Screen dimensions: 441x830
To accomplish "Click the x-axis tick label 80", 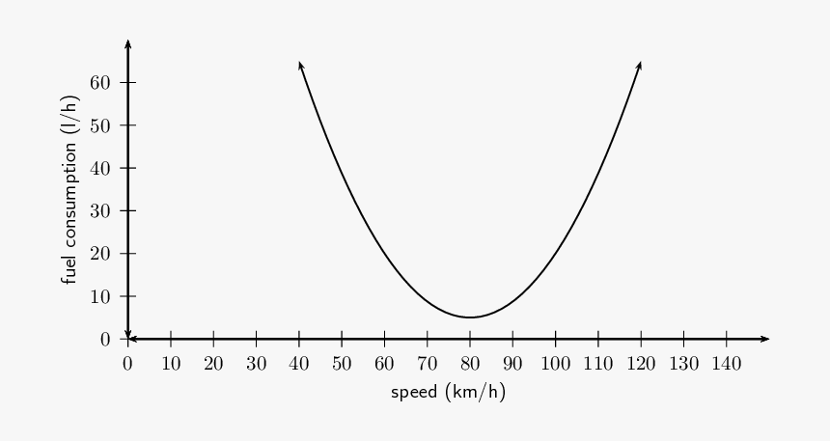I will point(470,364).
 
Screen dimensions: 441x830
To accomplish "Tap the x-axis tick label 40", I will point(299,364).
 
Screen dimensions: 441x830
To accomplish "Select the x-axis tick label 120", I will point(641,364).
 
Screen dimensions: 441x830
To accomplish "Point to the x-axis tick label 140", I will point(726,364).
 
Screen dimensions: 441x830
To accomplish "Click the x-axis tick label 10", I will point(171,364).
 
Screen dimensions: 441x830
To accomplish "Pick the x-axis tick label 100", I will point(555,364).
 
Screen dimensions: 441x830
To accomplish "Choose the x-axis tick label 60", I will point(384,364).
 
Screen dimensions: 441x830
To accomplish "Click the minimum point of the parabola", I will point(470,317).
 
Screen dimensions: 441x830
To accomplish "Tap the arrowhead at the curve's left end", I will point(301,65).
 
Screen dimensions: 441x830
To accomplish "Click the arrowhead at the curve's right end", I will point(639,65).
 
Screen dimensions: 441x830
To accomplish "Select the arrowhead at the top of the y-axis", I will point(127,44).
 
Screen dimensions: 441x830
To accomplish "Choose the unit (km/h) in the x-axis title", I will point(476,393).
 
